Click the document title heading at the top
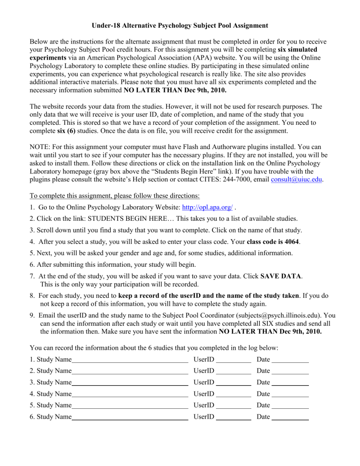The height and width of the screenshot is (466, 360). (180, 24)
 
